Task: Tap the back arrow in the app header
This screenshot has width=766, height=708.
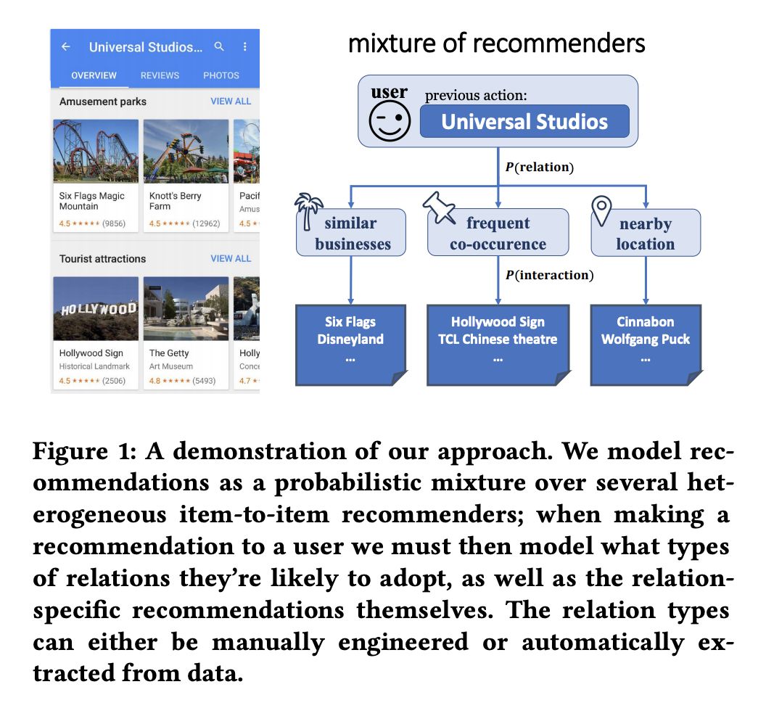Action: click(65, 47)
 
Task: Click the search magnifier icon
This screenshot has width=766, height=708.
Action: click(219, 47)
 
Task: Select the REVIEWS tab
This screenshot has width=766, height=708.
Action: click(160, 75)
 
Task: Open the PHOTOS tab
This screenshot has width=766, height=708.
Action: click(221, 75)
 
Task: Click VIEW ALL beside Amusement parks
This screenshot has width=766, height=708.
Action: click(231, 102)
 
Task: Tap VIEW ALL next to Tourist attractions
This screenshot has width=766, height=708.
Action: click(231, 258)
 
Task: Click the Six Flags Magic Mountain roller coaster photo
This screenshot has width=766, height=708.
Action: click(96, 151)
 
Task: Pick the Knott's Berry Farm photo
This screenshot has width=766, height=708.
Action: click(186, 151)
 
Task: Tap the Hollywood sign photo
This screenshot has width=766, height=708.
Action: click(96, 308)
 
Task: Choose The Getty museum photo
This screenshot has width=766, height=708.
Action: click(186, 308)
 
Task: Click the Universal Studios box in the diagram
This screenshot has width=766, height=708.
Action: click(524, 121)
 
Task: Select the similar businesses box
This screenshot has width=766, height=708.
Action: click(351, 233)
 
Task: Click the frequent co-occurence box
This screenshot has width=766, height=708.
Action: click(498, 233)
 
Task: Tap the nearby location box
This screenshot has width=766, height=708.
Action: click(645, 233)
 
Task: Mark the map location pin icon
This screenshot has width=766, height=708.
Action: click(602, 210)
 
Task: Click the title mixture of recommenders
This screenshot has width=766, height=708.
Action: click(496, 44)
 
